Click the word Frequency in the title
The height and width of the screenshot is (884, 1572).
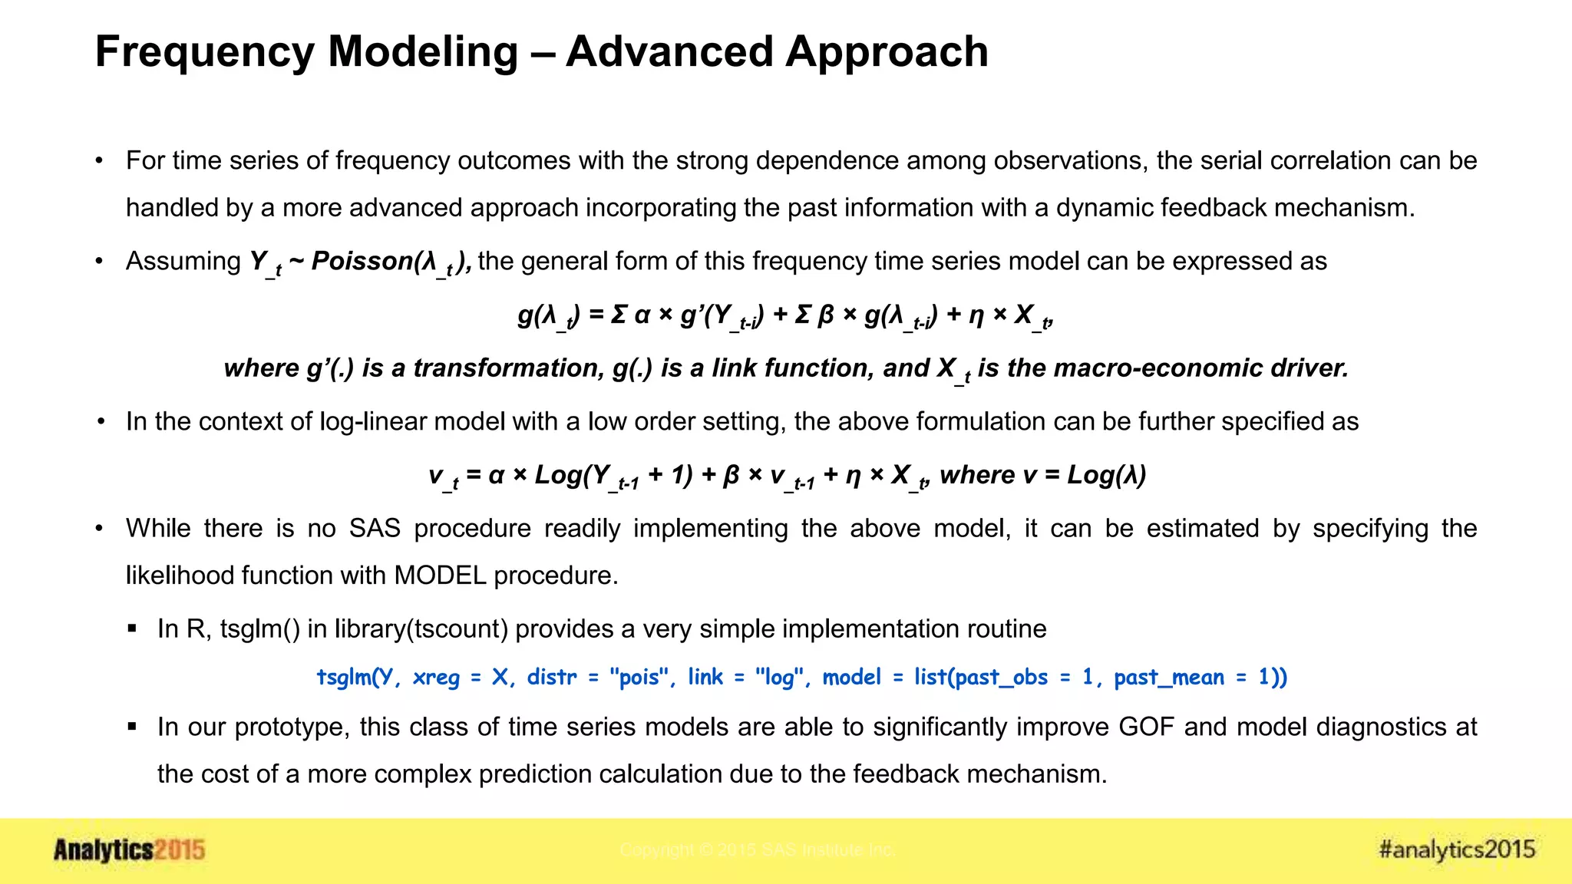coord(204,52)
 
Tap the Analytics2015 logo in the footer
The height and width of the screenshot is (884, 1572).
coord(129,850)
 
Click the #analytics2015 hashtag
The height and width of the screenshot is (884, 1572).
coord(1457,849)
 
